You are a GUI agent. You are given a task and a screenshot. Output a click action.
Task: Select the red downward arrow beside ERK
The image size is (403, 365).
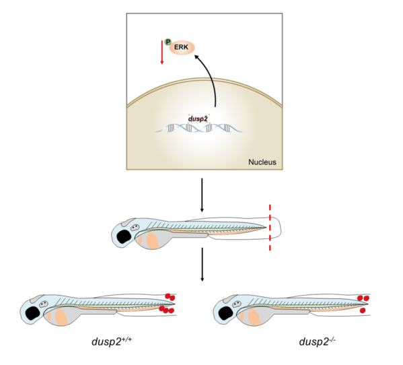162,54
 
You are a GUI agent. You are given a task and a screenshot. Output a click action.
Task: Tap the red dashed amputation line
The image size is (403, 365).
270,228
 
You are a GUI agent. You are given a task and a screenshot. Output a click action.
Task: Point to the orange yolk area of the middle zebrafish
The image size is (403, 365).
153,240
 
